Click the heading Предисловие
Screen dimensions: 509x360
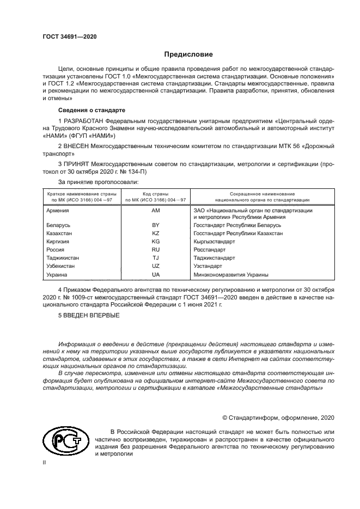(x=189, y=54)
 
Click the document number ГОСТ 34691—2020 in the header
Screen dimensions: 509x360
(x=70, y=36)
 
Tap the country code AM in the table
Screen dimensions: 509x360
(x=155, y=210)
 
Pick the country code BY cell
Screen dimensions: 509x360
(x=155, y=225)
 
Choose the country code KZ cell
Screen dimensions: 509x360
(x=155, y=233)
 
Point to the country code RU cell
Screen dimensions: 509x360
(x=155, y=250)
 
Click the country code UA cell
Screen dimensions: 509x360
(x=155, y=275)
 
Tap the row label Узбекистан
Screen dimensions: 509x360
(x=61, y=267)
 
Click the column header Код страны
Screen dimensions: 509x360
(x=155, y=194)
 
